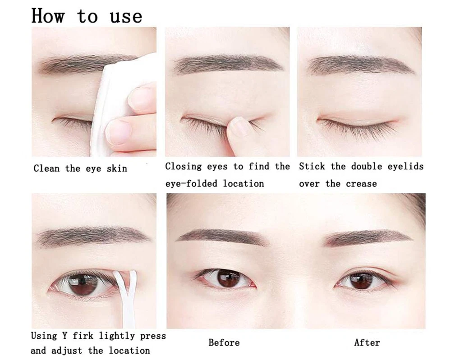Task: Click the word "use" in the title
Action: point(126,17)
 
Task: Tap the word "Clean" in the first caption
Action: point(46,168)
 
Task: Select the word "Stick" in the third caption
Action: point(312,166)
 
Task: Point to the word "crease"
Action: point(361,184)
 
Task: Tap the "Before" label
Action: point(224,342)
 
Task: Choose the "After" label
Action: point(367,342)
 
